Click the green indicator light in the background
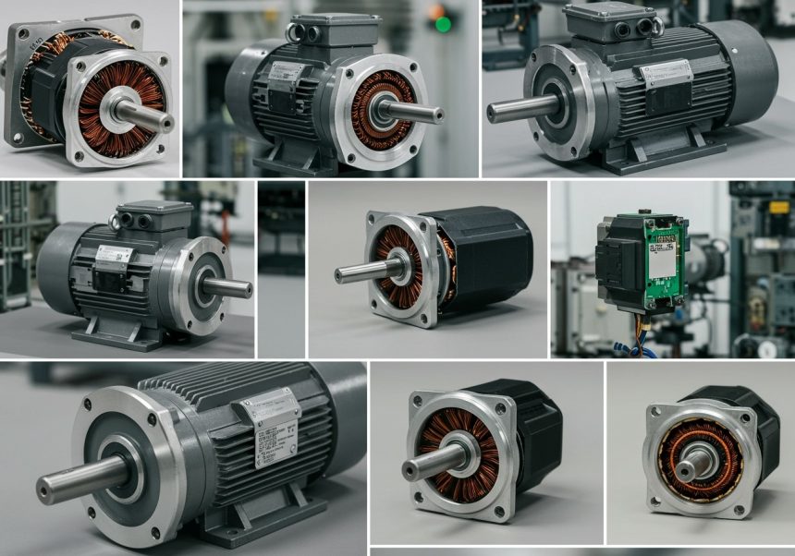(443, 23)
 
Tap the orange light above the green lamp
(435, 10)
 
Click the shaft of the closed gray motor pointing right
(242, 288)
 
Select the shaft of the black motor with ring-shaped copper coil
(685, 470)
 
